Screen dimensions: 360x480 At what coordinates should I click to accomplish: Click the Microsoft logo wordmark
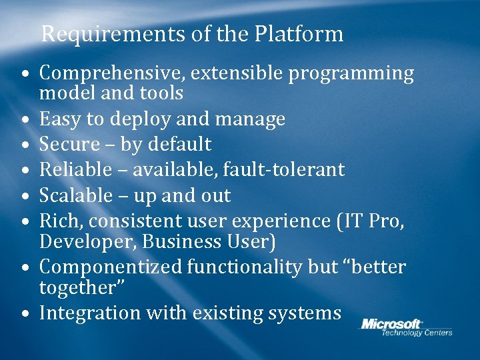392,324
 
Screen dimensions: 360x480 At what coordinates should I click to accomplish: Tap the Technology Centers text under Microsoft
416,333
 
